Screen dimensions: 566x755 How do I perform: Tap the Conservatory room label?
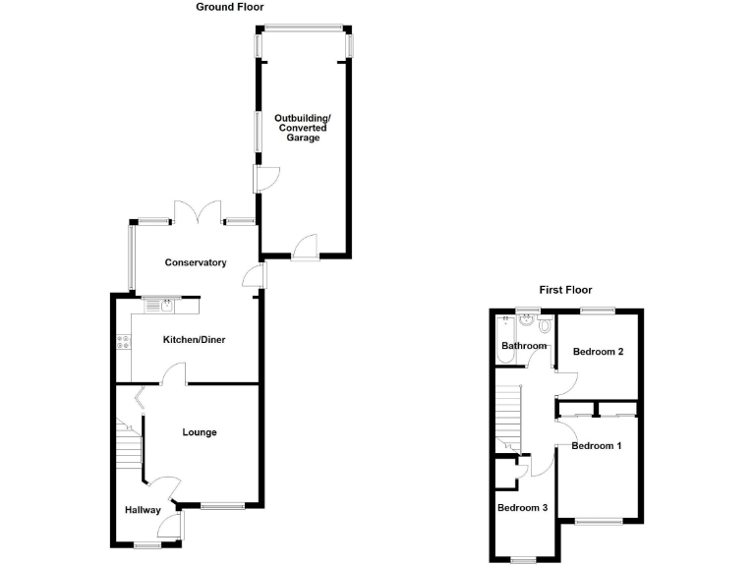coord(196,262)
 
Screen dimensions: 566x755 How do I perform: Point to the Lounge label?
coord(199,432)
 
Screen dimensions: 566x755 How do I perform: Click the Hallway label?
coord(143,510)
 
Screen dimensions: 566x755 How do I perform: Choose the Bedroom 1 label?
coord(597,446)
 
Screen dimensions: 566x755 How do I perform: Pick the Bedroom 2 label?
coord(599,352)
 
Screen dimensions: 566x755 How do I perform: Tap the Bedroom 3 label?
coord(521,508)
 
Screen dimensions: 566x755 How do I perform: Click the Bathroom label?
coord(523,346)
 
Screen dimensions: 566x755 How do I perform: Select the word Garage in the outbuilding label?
coord(303,139)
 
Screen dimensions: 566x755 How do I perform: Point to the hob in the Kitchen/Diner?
coord(124,342)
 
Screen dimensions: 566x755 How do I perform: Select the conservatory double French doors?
coord(196,211)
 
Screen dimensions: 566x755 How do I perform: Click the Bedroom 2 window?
coord(597,311)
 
